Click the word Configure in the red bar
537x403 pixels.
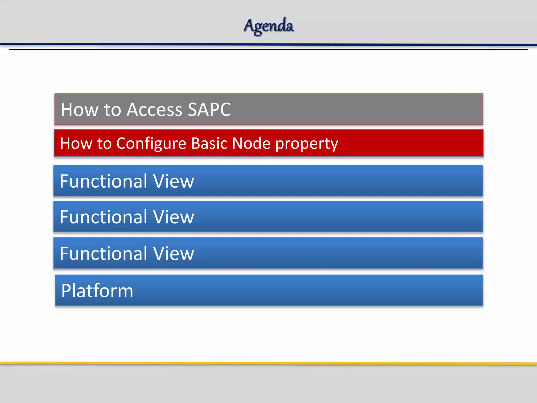151,144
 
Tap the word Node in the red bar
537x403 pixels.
251,143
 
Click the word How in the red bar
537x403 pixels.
76,143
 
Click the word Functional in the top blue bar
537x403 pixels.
104,181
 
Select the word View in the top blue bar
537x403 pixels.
173,181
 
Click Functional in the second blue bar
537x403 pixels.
104,217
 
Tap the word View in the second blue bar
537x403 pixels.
173,217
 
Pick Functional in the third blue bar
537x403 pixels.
104,253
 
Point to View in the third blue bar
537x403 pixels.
173,253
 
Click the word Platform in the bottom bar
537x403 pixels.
97,291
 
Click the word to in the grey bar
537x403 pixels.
112,110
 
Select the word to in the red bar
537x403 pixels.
104,144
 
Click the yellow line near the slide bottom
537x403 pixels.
268,363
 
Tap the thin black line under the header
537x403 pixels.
268,50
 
